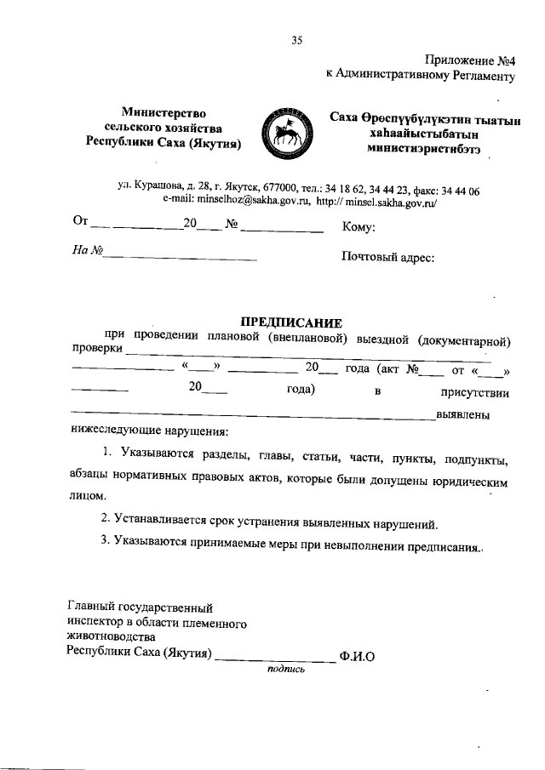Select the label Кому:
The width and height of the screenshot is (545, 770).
coord(359,227)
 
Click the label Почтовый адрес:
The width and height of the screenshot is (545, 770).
coord(387,254)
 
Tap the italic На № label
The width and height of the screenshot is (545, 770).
coord(87,252)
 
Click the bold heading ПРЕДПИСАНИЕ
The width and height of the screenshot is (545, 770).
coord(290,322)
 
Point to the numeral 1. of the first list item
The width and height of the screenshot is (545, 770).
coord(106,460)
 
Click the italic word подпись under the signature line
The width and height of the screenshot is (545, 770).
coord(285,669)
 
